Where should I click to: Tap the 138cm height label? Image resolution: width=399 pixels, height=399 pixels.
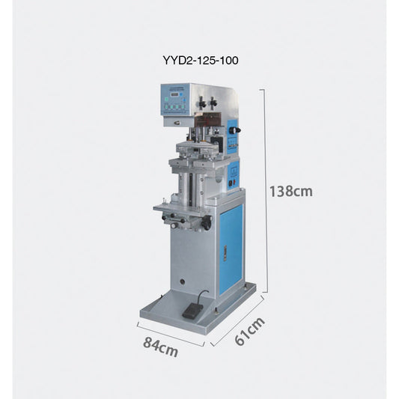[x=290, y=191]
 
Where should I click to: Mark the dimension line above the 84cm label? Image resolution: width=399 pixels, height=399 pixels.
[x=171, y=334]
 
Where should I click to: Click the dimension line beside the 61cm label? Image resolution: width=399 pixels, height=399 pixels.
[x=237, y=320]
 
